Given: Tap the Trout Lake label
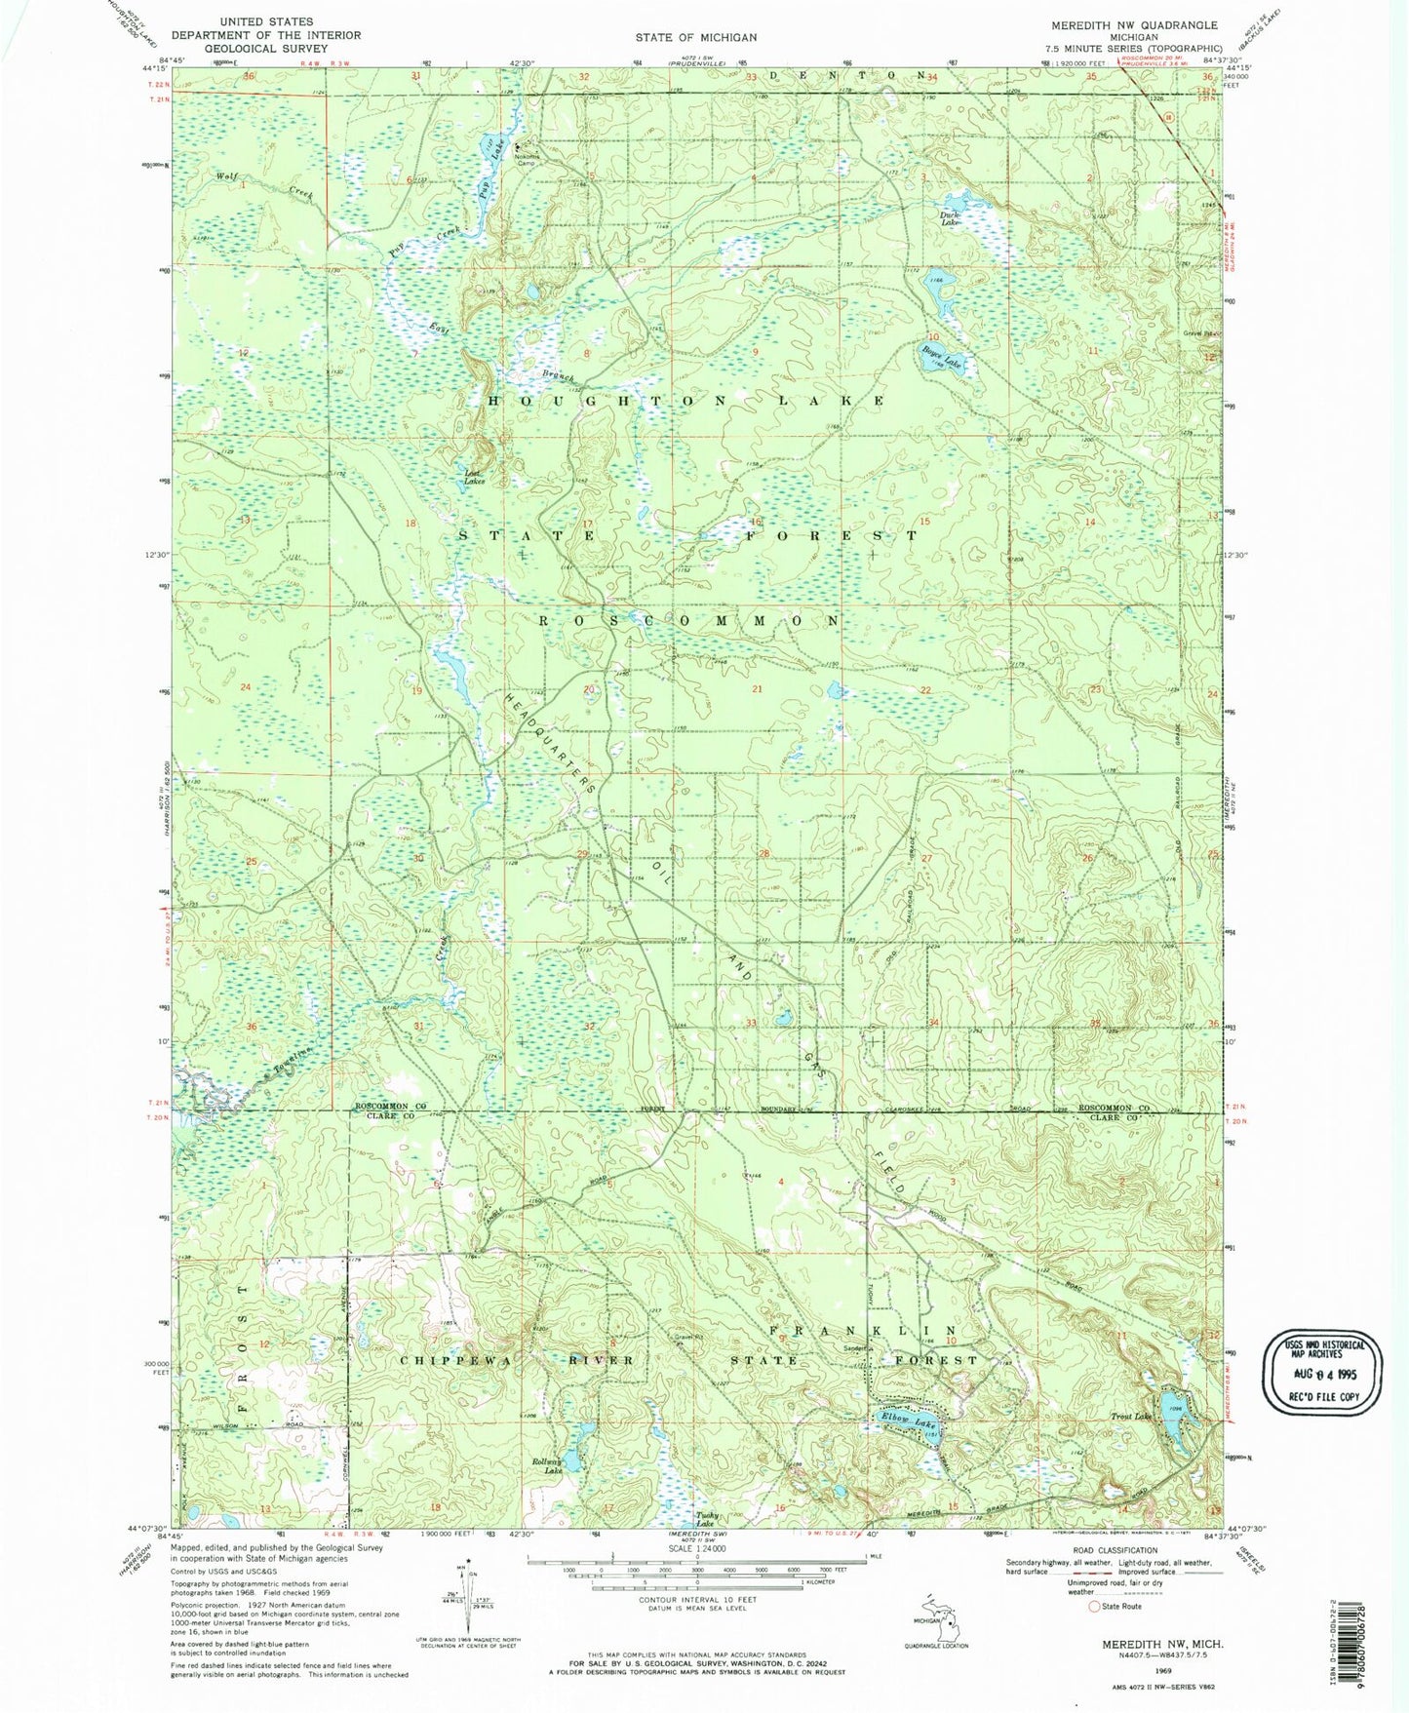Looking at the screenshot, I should coord(1130,1417).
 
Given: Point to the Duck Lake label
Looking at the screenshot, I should coord(950,219).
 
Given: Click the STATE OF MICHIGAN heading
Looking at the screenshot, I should coord(695,37).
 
